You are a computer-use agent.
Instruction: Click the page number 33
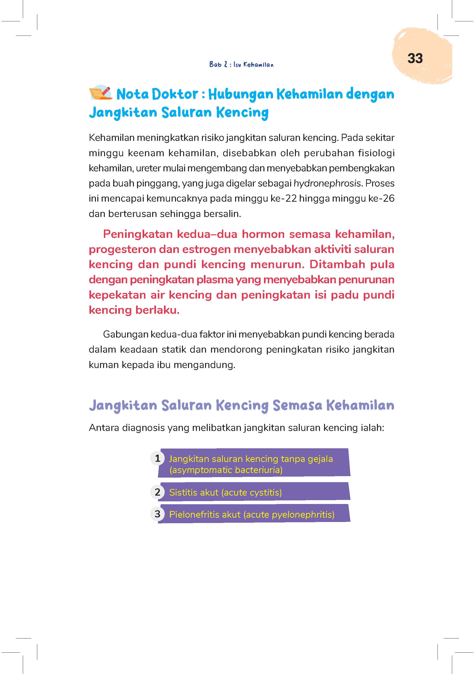(415, 58)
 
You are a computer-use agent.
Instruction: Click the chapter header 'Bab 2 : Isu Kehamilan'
(241, 65)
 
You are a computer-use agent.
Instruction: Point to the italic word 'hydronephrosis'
(327, 183)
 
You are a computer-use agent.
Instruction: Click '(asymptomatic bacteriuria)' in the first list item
(226, 470)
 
